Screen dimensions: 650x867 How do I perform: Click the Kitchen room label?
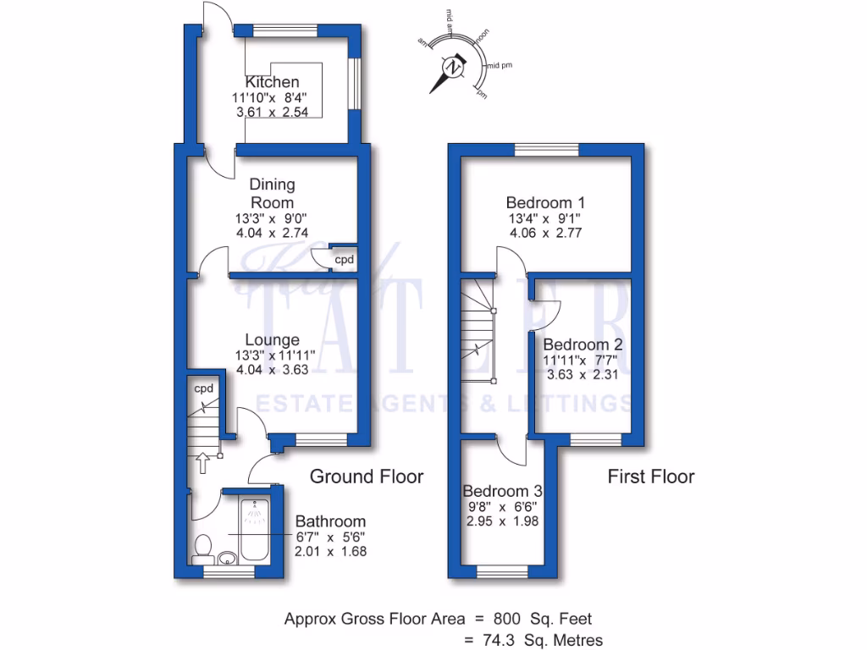click(272, 82)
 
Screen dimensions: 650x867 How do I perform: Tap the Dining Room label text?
click(272, 193)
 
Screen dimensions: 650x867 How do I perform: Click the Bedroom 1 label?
click(545, 203)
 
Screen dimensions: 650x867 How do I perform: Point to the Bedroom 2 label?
click(583, 344)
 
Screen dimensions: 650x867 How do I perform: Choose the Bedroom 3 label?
click(502, 491)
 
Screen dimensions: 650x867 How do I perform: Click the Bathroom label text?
click(330, 521)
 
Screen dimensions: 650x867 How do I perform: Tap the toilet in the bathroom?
click(203, 548)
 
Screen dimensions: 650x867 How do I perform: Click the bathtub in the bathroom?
click(253, 530)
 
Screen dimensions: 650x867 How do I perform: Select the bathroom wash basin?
click(226, 559)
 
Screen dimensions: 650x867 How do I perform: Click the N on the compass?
click(456, 67)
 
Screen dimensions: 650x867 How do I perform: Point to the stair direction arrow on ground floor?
click(202, 462)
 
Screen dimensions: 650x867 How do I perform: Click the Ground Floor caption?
click(366, 476)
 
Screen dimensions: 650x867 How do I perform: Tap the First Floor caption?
click(651, 476)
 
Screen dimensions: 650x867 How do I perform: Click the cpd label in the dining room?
click(344, 260)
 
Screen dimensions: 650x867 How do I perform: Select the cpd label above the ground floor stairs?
click(203, 388)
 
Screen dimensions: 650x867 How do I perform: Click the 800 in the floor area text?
click(508, 619)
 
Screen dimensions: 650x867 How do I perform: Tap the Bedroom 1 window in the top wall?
click(547, 151)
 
